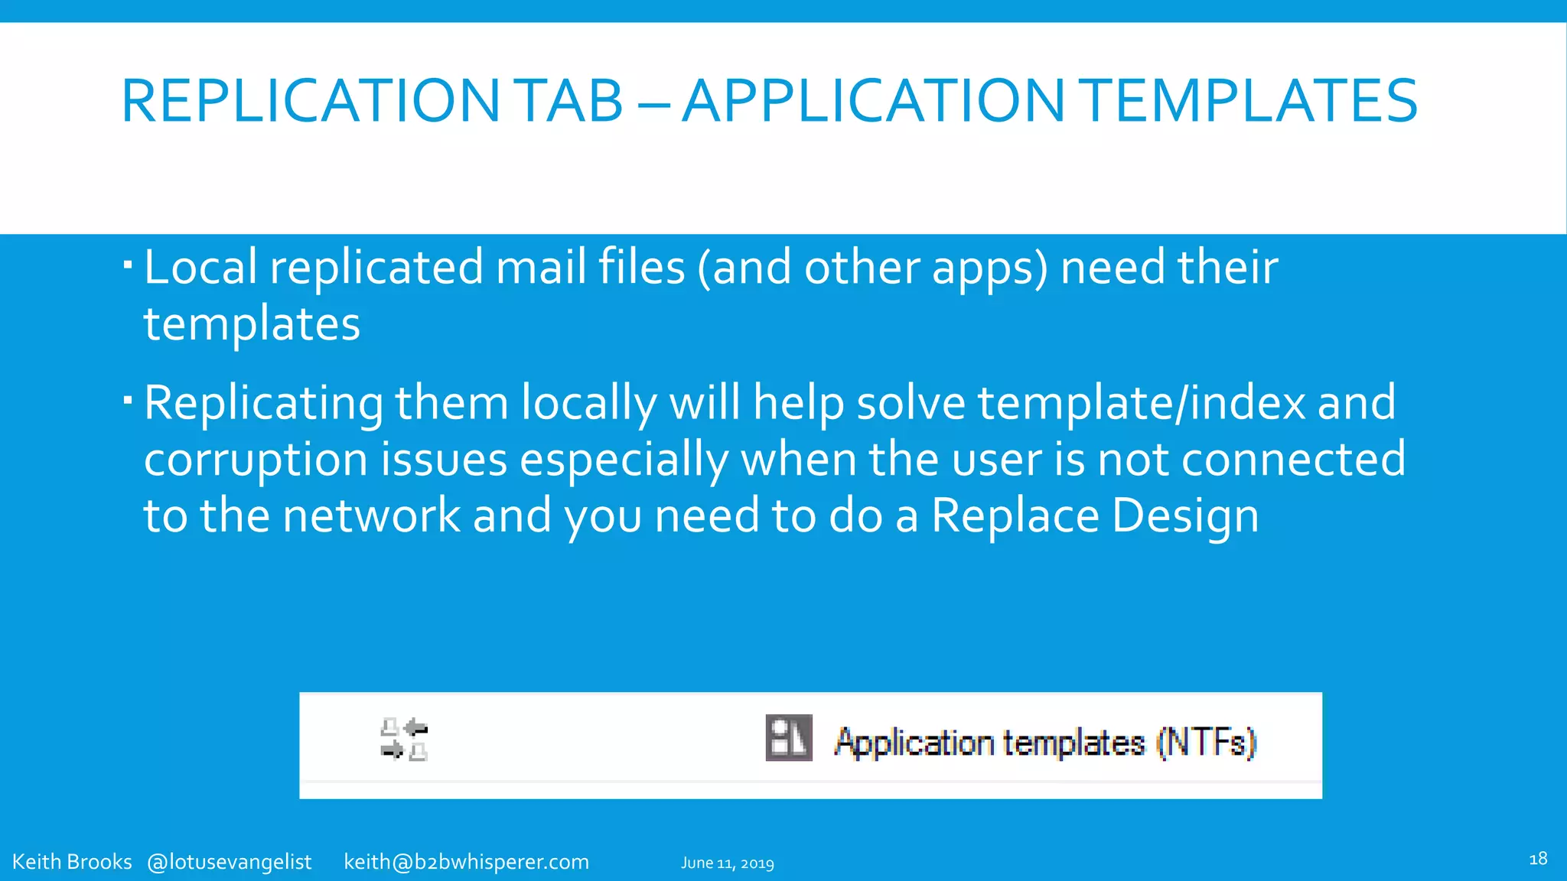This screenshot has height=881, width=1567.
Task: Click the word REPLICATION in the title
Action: tap(310, 101)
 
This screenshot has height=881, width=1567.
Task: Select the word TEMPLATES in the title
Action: tap(1250, 101)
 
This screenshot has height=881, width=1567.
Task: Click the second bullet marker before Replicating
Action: tap(128, 400)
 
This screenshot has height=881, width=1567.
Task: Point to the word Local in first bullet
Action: tap(200, 268)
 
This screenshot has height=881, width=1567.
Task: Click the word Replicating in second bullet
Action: tap(263, 403)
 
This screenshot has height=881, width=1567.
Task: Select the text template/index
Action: tap(1142, 403)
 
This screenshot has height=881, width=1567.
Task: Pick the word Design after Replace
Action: tap(1185, 515)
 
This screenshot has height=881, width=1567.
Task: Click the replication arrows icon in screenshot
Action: tap(404, 740)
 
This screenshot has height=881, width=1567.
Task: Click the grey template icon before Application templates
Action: tap(788, 738)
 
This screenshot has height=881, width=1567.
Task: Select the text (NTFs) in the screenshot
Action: tap(1206, 742)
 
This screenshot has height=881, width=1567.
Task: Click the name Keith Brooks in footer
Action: tap(72, 862)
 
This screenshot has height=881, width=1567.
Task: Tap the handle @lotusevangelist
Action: tap(229, 862)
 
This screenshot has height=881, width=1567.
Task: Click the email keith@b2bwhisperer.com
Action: tap(466, 862)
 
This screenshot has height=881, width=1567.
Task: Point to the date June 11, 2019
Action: tap(727, 863)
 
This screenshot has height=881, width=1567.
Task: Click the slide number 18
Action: tap(1538, 859)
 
